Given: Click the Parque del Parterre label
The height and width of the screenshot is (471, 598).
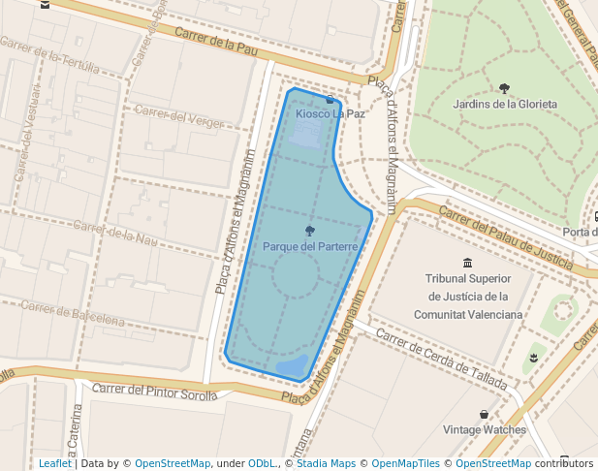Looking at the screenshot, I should (x=310, y=247).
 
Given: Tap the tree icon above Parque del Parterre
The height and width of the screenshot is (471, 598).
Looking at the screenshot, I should (x=310, y=231).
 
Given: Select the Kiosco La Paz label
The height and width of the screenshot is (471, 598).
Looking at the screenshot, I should (x=330, y=113).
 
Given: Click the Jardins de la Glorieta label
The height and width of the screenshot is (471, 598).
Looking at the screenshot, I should (x=505, y=104).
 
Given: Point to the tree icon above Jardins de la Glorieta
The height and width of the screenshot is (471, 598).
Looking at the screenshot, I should (x=505, y=88).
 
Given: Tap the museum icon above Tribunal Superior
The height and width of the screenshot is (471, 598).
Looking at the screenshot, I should (x=468, y=263).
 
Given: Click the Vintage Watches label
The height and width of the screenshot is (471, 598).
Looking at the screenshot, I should (x=485, y=429).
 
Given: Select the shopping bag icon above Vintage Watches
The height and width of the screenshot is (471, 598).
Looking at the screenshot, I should (x=485, y=414).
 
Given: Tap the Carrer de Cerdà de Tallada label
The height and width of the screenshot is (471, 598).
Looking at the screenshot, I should (x=441, y=359).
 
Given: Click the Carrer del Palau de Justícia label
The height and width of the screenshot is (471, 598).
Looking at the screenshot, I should (x=507, y=235).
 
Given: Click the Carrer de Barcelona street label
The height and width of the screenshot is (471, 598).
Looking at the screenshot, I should (x=73, y=313).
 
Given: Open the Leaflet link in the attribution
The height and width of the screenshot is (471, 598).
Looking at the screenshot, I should (x=54, y=463).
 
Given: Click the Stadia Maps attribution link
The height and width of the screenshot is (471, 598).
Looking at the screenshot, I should (x=326, y=463).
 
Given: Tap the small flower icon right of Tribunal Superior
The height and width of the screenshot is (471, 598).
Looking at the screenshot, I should (x=533, y=359).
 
